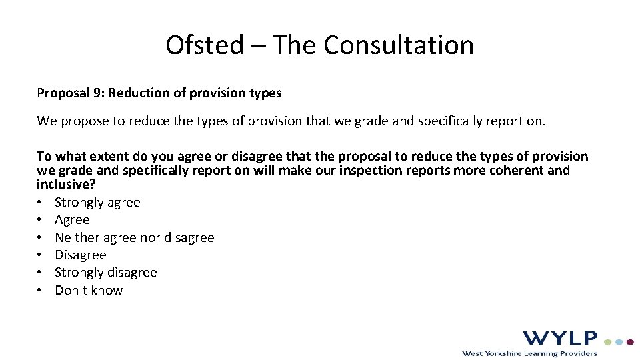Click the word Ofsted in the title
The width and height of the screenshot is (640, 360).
click(205, 45)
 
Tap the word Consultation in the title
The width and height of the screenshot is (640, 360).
click(399, 45)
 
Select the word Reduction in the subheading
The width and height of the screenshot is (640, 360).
click(138, 93)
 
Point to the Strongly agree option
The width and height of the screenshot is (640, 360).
click(97, 203)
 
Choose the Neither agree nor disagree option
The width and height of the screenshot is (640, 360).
click(135, 238)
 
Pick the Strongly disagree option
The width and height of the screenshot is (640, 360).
click(106, 273)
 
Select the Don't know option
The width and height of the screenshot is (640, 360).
click(89, 290)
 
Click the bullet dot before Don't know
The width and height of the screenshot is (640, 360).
click(41, 291)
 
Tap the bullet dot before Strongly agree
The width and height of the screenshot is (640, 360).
click(41, 203)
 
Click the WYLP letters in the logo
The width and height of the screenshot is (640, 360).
click(560, 339)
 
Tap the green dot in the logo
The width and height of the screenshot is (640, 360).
click(608, 341)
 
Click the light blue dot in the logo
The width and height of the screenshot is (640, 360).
click(619, 341)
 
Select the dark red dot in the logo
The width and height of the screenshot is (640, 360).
click(631, 341)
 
